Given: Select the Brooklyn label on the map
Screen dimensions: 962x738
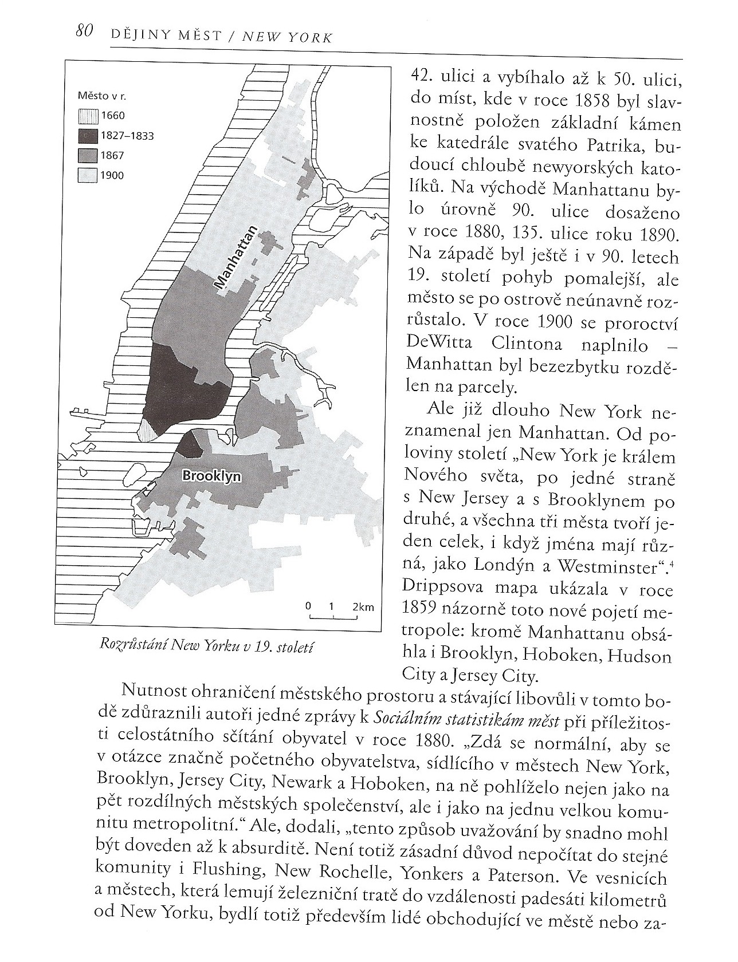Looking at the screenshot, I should click(211, 476).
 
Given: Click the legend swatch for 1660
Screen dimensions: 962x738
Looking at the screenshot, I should click(89, 116).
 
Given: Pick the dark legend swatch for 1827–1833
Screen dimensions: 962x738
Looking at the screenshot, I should click(89, 136).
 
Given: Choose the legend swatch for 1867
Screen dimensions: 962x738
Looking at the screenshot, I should click(89, 155).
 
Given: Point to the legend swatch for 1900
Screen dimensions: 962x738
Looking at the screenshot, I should click(89, 175).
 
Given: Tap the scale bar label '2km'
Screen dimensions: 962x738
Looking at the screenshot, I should click(363, 606).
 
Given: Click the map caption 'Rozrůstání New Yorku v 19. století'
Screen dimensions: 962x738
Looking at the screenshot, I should click(207, 645).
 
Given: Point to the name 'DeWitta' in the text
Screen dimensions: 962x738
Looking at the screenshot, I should click(439, 343).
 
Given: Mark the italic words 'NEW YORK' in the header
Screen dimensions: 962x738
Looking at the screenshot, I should click(288, 37).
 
